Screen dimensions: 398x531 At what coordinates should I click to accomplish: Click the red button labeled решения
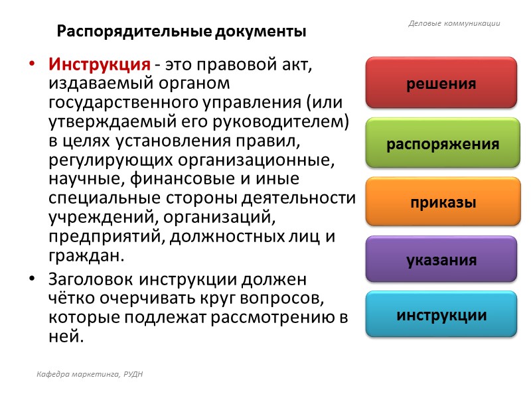(x=441, y=84)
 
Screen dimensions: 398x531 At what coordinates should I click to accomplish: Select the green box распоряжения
(x=441, y=144)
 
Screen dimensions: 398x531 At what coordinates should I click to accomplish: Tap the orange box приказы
(x=441, y=202)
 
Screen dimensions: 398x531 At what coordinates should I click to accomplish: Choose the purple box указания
(x=441, y=259)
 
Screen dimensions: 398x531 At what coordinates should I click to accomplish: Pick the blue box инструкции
(x=441, y=315)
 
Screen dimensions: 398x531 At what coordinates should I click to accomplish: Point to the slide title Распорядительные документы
(x=181, y=31)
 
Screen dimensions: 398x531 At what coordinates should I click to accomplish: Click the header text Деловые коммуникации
(x=453, y=24)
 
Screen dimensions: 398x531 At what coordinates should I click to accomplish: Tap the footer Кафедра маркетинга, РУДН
(x=90, y=375)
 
